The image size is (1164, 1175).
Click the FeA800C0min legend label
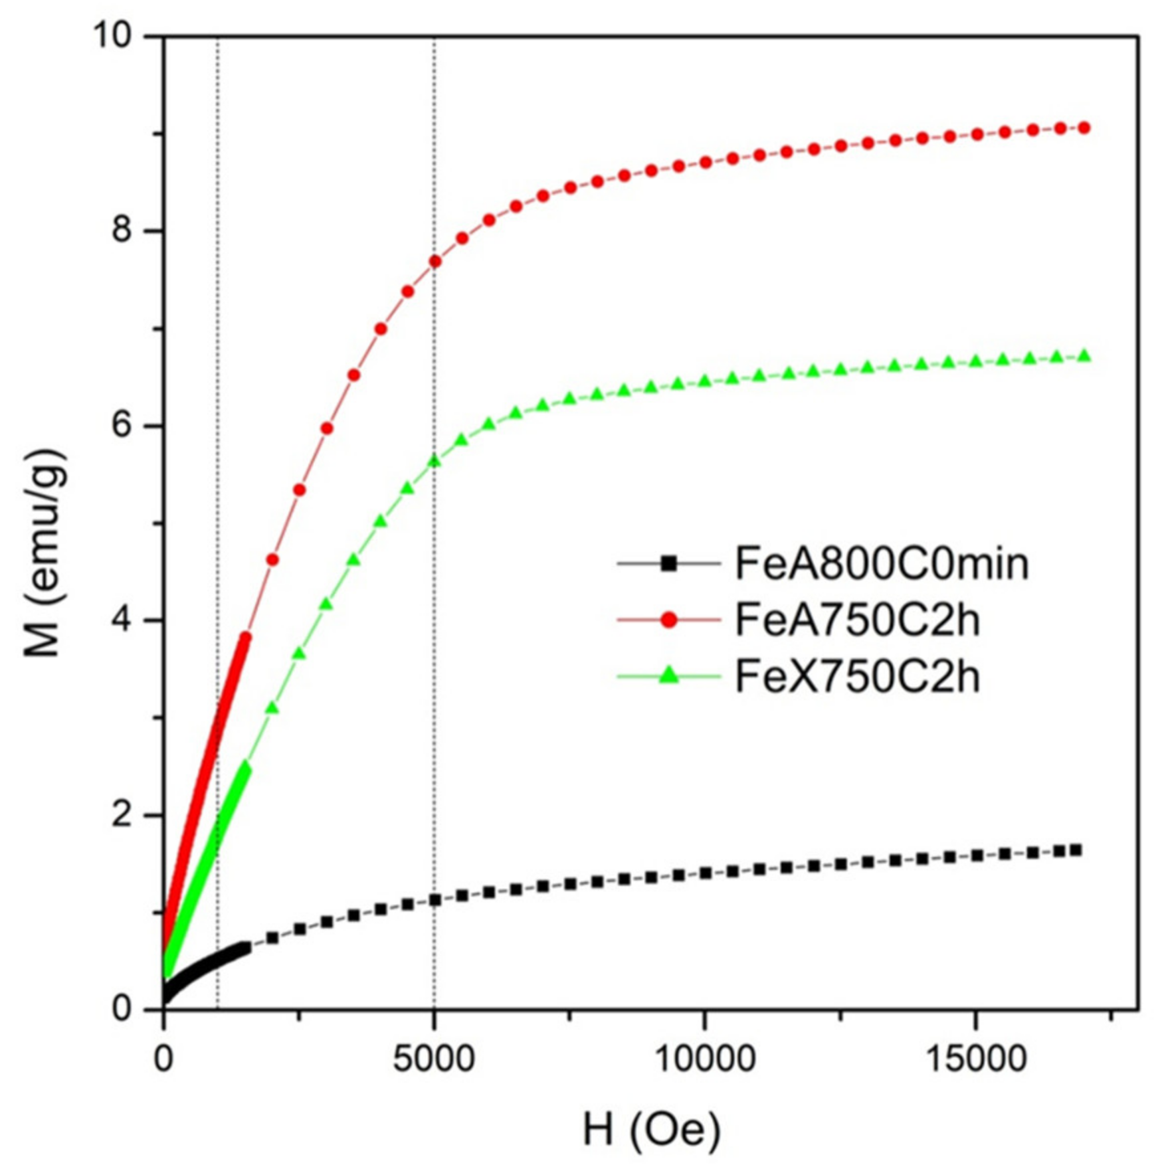click(x=881, y=564)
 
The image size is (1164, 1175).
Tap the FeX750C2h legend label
click(x=857, y=677)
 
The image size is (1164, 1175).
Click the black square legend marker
click(x=668, y=564)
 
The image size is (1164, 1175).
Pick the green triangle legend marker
click(x=668, y=676)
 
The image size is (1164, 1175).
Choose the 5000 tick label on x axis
click(x=433, y=1059)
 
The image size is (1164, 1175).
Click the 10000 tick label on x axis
click(x=704, y=1059)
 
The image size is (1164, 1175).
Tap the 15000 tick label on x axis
click(x=975, y=1059)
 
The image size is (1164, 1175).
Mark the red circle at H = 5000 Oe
click(x=435, y=261)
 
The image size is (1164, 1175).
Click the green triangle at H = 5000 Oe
click(x=435, y=461)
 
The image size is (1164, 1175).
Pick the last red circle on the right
click(x=1084, y=128)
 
